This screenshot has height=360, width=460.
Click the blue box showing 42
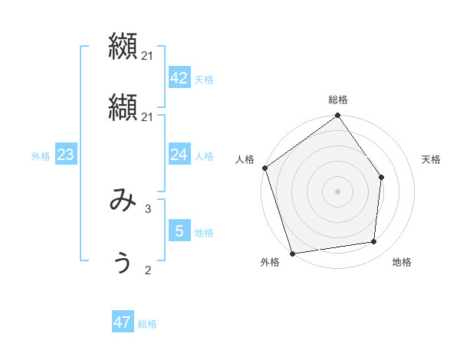point(179,78)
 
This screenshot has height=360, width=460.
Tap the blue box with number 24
point(179,155)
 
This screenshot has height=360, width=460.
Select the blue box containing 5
point(179,231)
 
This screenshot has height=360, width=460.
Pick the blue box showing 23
point(66,155)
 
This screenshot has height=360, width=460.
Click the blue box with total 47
point(123,322)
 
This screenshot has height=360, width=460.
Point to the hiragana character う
point(123,263)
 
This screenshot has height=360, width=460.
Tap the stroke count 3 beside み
point(148,208)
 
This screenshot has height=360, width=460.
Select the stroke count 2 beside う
point(148,270)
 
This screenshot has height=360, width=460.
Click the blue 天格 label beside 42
point(204,80)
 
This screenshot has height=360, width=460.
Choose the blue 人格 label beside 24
point(204,156)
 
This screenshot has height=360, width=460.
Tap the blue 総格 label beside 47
point(147,324)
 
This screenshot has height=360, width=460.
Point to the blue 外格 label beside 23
point(41,156)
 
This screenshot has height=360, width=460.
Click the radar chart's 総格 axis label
point(338,100)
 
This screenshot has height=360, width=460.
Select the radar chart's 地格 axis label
point(402,263)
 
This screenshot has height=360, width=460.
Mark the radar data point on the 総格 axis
point(338,116)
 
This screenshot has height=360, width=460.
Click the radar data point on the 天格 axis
point(381,177)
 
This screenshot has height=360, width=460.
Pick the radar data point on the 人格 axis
point(265,168)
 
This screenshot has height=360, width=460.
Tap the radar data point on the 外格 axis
point(293,253)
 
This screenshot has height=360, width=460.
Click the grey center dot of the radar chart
point(338,191)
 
